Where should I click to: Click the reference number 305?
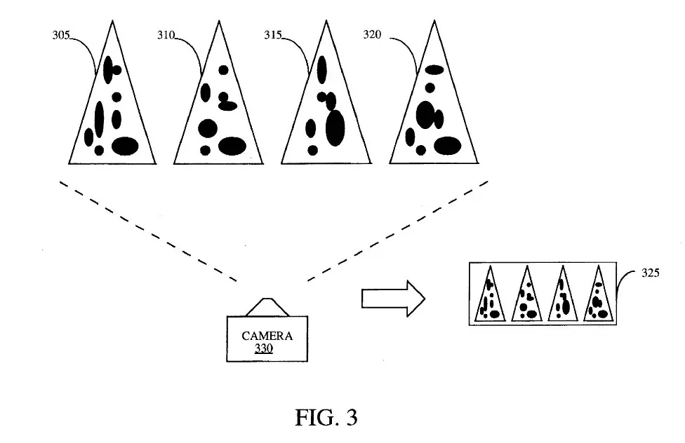tap(62, 35)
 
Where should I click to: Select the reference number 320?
tap(373, 35)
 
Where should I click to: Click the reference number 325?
tap(650, 274)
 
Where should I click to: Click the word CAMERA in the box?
tap(267, 336)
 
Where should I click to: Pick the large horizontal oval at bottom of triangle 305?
tap(125, 146)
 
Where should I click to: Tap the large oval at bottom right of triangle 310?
tap(232, 146)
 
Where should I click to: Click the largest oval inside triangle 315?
tap(335, 128)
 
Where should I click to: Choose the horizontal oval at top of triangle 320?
tap(434, 69)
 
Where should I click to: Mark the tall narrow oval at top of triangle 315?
tap(322, 69)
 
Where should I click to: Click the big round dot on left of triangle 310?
tap(207, 128)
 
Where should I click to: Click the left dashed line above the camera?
tap(147, 231)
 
